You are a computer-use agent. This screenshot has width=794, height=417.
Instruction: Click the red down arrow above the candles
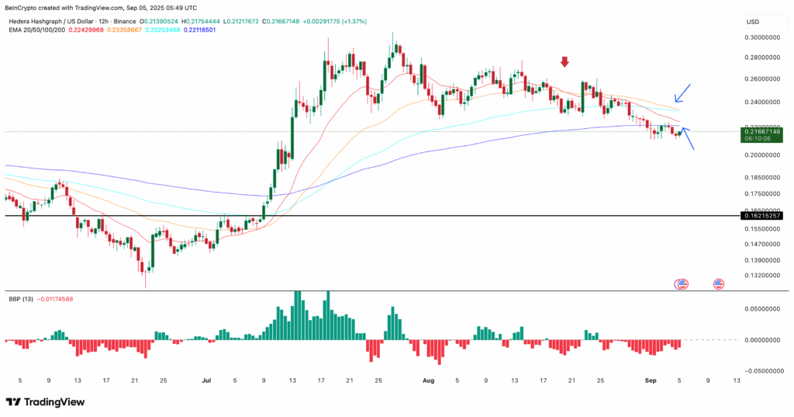pyautogui.click(x=565, y=62)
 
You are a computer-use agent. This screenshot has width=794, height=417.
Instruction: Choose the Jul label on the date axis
pyautogui.click(x=206, y=381)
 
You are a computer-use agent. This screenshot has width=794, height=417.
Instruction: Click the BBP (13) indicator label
pyautogui.click(x=21, y=298)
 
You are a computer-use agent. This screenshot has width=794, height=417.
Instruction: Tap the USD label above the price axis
pyautogui.click(x=753, y=21)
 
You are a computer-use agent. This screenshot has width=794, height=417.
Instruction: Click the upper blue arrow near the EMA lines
pyautogui.click(x=682, y=92)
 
